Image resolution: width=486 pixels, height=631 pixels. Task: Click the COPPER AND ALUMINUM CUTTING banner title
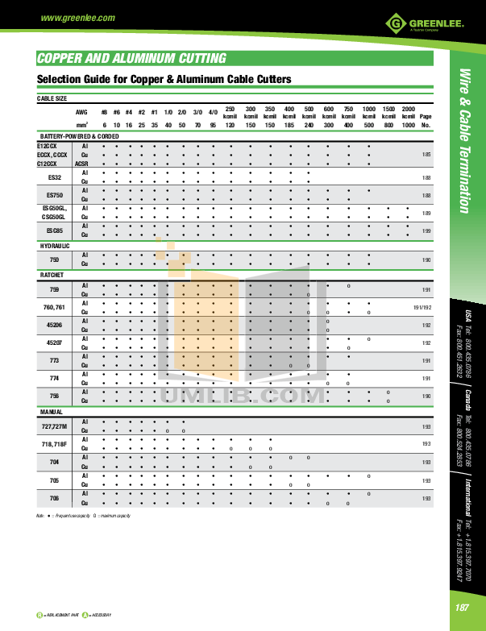[132, 59]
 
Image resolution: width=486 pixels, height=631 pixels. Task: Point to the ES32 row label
[55, 176]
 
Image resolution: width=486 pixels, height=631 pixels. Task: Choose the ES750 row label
[55, 194]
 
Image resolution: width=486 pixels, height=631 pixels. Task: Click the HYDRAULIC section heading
[55, 245]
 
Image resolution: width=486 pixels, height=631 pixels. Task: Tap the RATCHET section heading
[52, 275]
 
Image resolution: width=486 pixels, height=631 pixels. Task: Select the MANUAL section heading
[52, 412]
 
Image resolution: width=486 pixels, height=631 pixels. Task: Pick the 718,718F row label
[55, 444]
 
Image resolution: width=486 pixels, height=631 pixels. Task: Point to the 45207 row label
[55, 343]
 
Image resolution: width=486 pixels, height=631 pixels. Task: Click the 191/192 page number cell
[423, 307]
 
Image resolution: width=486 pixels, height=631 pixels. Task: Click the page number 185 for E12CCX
[426, 154]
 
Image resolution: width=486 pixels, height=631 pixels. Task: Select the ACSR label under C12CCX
[81, 163]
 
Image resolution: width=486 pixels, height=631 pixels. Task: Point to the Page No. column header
[426, 121]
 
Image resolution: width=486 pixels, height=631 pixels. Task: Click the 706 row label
[55, 499]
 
